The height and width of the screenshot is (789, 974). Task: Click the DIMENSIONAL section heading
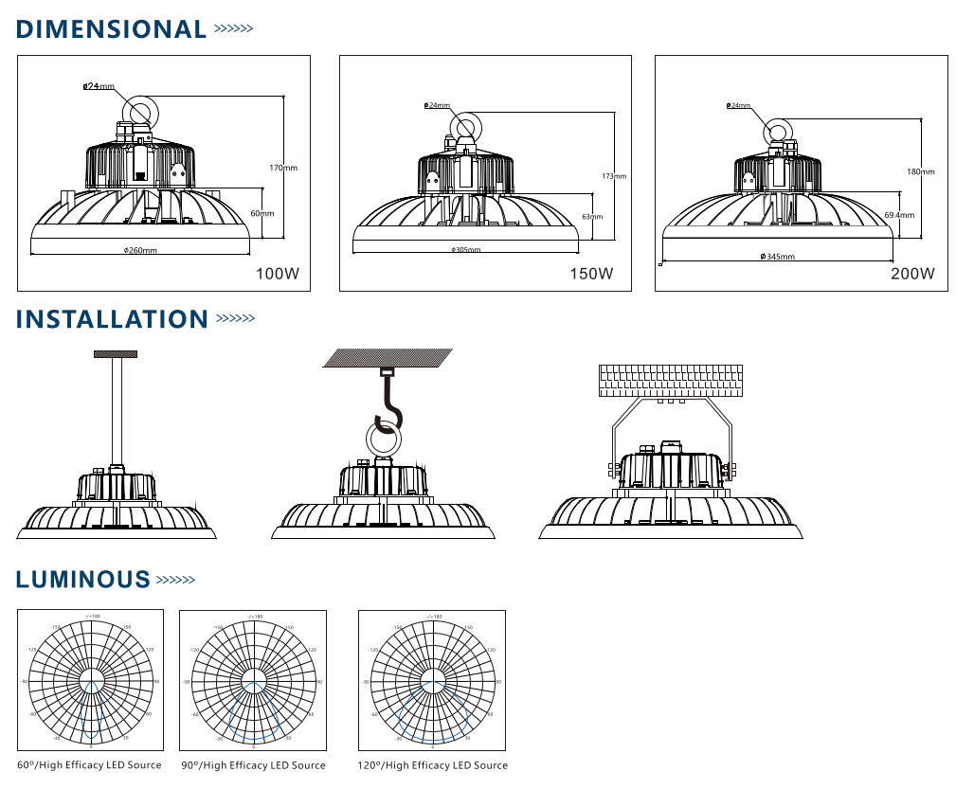pos(111,29)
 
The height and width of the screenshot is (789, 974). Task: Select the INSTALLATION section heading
pos(112,319)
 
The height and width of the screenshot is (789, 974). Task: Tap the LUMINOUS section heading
pos(83,580)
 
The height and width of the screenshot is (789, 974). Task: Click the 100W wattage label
pos(278,275)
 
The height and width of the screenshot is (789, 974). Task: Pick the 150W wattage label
pos(591,275)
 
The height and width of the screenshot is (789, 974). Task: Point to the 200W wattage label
pos(912,275)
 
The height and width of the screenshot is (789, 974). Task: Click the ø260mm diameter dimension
pos(140,250)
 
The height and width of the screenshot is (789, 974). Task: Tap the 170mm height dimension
pos(283,168)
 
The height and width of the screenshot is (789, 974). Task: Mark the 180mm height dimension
pos(921,171)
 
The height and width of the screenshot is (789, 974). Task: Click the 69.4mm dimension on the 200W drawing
pos(899,215)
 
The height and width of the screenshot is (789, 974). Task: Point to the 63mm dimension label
pos(591,216)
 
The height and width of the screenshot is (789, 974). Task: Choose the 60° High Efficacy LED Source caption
pos(89,764)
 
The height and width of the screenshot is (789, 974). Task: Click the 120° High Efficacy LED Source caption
pos(432,764)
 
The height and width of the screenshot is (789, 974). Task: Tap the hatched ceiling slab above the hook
pos(388,357)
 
